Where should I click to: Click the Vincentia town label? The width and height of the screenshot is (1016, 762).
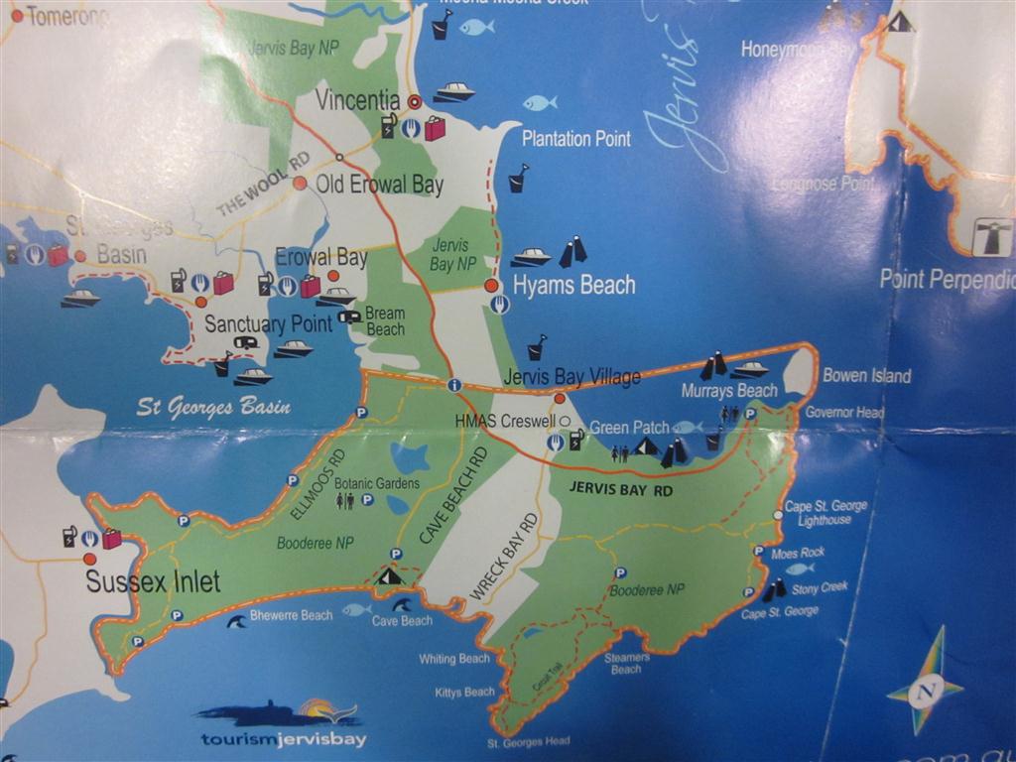point(357,100)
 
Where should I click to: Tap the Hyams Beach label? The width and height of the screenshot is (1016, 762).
point(573,286)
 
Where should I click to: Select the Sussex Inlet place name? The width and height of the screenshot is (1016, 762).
point(153,581)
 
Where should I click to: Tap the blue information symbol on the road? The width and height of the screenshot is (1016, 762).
point(454,384)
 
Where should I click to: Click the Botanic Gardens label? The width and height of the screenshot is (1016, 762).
point(376,483)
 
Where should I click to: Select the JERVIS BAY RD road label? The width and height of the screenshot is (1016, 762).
point(620,488)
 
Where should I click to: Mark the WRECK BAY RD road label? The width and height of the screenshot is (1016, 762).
point(504,557)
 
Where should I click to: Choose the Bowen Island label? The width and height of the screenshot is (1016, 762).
point(866,376)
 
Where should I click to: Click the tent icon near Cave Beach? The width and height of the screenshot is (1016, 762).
point(390,574)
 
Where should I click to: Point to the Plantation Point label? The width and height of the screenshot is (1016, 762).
point(576,139)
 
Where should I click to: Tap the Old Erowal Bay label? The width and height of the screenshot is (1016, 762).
point(379,185)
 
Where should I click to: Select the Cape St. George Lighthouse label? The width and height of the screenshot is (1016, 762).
point(825,512)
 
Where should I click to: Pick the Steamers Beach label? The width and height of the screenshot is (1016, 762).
point(626,663)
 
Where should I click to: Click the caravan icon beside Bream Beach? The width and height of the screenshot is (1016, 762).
point(349,317)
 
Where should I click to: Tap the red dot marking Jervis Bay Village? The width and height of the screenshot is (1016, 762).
point(560,398)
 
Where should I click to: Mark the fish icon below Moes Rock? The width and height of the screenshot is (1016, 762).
point(799,569)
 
